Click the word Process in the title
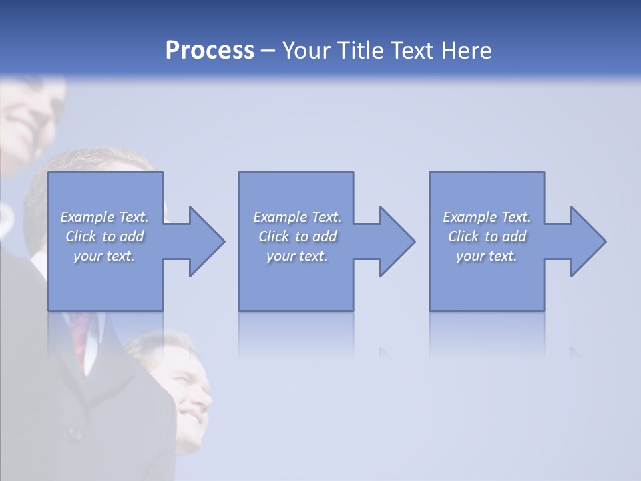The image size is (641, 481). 210,51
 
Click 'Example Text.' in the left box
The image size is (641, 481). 105,217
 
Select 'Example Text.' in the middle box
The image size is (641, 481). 297,217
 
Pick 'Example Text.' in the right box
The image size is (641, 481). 487,217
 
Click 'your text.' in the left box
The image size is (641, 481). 105,256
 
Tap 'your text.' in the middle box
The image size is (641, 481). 297,256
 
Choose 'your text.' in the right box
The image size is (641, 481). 487,256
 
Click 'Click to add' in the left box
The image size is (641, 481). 105,236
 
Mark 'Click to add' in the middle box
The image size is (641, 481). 297,236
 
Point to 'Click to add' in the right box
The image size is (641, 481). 487,236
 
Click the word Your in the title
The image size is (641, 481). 306,51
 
